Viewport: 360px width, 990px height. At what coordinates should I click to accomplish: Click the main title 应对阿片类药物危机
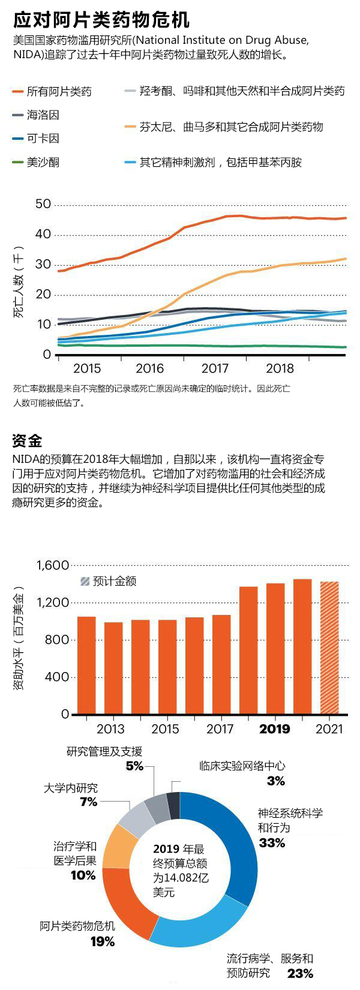click(x=101, y=20)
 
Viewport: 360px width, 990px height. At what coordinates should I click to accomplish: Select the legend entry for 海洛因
click(x=43, y=115)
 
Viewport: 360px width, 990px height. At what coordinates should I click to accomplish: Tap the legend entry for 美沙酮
click(x=43, y=162)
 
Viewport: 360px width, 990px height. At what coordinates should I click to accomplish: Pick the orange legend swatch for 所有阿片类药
click(x=18, y=92)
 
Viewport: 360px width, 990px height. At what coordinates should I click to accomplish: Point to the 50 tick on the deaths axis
click(x=43, y=204)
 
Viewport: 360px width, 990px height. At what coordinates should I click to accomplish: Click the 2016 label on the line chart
click(x=150, y=368)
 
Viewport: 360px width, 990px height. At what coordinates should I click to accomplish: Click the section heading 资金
click(x=27, y=441)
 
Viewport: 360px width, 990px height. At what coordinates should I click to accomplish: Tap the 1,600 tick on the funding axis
click(x=53, y=565)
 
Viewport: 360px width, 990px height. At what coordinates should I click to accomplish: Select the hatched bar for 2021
click(x=329, y=648)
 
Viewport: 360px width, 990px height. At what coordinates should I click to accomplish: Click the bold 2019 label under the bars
click(x=274, y=729)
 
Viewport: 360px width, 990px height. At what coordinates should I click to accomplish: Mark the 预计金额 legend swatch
click(x=85, y=581)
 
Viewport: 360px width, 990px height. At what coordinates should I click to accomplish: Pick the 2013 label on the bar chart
click(x=110, y=729)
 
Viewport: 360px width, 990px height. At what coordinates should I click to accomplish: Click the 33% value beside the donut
click(x=272, y=843)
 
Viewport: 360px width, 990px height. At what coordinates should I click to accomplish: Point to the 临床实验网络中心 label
click(x=242, y=766)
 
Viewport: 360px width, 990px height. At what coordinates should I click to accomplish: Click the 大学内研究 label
click(x=70, y=788)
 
